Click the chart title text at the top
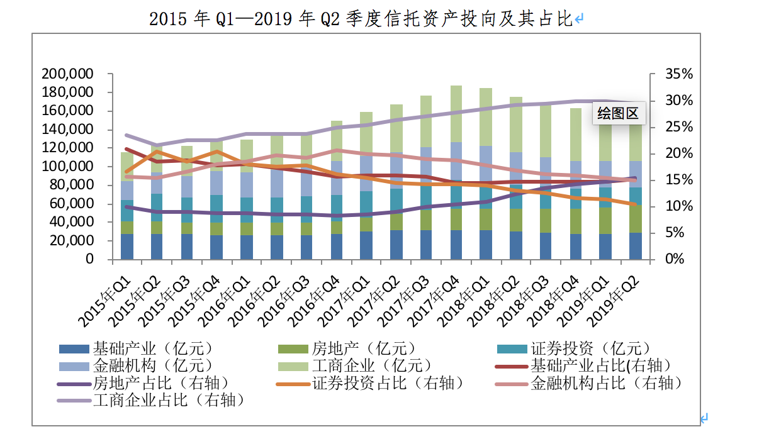(361, 19)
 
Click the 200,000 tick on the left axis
(67, 74)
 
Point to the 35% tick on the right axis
(678, 74)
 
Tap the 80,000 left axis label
(71, 186)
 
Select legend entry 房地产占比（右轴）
(160, 382)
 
